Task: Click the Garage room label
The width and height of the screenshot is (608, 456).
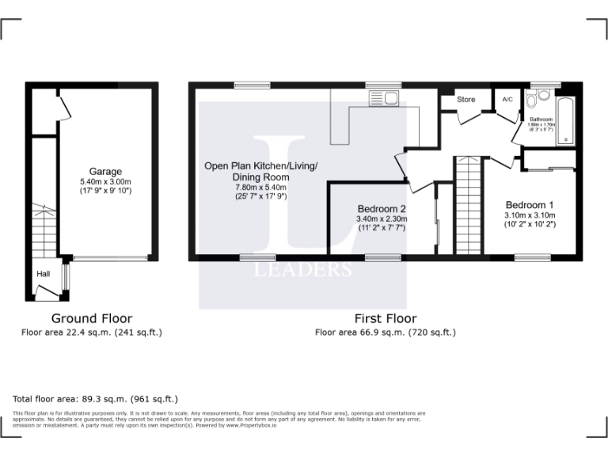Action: pos(105,172)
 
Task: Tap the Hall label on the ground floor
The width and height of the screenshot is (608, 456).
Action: pos(43,274)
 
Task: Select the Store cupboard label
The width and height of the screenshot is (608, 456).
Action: pos(466,100)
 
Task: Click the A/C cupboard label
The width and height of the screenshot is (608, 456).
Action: pos(507,100)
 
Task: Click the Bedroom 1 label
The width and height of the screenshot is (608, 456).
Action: pos(530,205)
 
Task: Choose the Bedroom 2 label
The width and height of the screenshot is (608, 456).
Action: pos(382,208)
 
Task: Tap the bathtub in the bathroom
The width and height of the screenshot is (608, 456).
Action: pos(564,123)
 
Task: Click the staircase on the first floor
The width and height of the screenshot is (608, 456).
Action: pos(468,205)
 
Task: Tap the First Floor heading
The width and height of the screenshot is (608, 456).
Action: pos(385,318)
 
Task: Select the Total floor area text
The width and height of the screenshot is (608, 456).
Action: pos(96,399)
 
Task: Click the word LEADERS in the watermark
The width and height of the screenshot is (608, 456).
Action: pos(302,270)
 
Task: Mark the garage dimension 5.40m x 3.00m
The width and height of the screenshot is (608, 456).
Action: pos(105,181)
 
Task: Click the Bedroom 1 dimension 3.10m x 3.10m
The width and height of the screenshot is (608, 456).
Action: pos(530,215)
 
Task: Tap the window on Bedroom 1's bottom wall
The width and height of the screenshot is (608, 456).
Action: pos(526,257)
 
